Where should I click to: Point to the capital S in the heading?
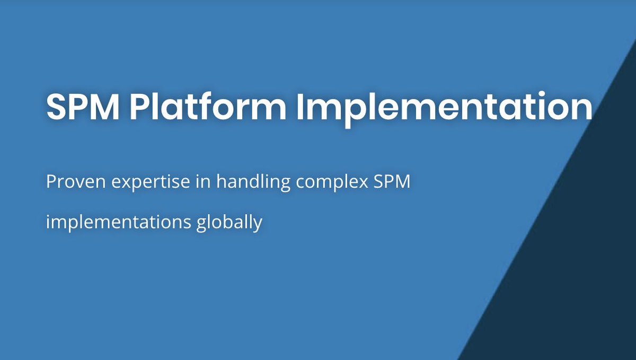point(57,107)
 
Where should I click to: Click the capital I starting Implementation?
point(300,107)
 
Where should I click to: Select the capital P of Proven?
point(51,182)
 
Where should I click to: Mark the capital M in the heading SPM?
point(104,107)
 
